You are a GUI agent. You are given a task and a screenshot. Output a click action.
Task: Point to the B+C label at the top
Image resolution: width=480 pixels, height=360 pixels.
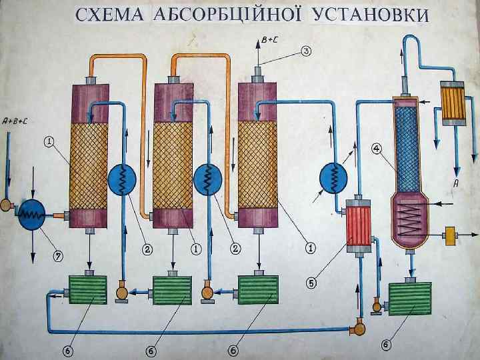[x=269, y=40]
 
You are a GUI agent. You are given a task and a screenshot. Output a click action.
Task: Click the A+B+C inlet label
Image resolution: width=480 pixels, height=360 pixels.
[x=15, y=121]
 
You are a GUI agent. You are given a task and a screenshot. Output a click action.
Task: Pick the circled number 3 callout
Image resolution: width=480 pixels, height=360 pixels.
[x=306, y=50]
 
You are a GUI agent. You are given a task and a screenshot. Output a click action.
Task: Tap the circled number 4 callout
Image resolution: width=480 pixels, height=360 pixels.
[x=377, y=149]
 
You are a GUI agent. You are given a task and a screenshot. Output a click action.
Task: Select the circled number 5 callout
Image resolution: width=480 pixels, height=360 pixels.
[x=311, y=282]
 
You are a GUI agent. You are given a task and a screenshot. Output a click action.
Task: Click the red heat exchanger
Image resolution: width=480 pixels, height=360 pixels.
[x=359, y=225]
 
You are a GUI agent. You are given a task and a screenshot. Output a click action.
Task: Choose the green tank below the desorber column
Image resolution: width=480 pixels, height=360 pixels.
[x=409, y=298]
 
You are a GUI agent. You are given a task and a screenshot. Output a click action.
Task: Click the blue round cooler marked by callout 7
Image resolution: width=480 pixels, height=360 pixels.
[x=31, y=213]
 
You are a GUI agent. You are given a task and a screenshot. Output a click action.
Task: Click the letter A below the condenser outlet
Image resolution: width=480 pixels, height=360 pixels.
[x=457, y=181]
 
